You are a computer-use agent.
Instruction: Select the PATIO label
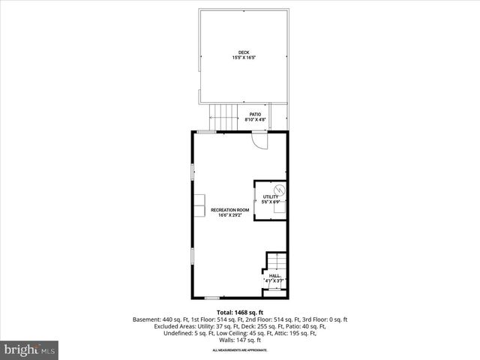[x=256, y=114]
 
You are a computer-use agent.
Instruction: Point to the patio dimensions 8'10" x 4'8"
[x=256, y=119]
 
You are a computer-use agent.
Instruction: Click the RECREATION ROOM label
[x=229, y=210]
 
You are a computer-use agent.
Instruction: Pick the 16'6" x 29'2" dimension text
[x=229, y=215]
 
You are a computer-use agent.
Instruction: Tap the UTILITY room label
[x=270, y=196]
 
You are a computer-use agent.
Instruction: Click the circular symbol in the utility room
[x=279, y=190]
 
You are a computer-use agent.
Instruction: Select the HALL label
[x=274, y=276]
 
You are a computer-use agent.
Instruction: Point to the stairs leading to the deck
[x=223, y=117]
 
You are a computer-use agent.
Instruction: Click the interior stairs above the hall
[x=275, y=262]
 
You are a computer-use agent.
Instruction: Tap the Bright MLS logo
[x=30, y=350]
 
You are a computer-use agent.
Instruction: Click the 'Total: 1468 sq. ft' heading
[x=240, y=312]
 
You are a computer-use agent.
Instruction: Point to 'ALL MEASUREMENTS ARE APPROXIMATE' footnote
[x=240, y=350]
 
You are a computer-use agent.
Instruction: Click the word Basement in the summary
[x=146, y=319]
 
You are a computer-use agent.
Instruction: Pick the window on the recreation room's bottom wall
[x=212, y=298]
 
